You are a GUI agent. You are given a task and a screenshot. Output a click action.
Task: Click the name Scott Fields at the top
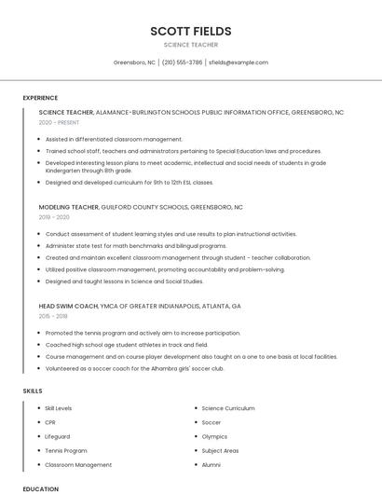[190, 31]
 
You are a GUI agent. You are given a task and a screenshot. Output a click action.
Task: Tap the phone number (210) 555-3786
[183, 62]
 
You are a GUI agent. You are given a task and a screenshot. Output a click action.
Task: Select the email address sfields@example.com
[239, 62]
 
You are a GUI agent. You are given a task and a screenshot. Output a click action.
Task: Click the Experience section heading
[40, 98]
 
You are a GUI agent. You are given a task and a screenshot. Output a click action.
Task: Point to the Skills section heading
[33, 391]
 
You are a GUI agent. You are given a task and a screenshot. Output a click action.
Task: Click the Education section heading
[40, 488]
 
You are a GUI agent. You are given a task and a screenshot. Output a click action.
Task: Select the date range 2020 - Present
[59, 122]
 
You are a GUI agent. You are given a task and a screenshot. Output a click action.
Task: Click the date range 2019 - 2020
[54, 217]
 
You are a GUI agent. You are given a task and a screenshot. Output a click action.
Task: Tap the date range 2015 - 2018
[54, 316]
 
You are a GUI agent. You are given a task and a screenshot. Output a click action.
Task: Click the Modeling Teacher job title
[70, 207]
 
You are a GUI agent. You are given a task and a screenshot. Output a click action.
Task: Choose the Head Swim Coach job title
[68, 306]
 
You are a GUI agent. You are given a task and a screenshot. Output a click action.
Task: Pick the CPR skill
[51, 422]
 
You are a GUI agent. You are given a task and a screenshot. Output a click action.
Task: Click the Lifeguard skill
[58, 436]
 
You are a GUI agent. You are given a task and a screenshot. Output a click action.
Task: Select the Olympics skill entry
[214, 436]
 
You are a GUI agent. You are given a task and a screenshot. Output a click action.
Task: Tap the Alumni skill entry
[211, 464]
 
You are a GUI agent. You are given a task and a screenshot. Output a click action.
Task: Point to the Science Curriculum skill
[227, 408]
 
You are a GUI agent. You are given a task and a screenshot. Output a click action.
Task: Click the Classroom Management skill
[78, 464]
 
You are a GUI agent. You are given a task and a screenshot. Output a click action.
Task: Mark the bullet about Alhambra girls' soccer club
[134, 368]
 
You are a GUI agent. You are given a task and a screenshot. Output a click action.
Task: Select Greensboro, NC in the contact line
[134, 62]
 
